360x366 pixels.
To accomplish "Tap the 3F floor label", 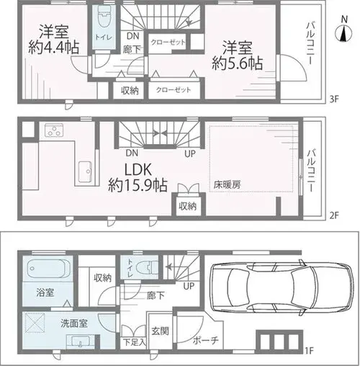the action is click(333, 99).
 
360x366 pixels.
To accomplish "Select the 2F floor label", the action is click(333, 215).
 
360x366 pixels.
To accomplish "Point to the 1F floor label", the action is click(310, 351).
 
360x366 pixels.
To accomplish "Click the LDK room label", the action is click(138, 170).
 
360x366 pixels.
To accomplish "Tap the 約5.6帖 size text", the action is click(237, 63).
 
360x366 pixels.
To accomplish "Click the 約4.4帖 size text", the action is click(54, 47).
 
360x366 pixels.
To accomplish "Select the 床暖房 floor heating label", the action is click(228, 184).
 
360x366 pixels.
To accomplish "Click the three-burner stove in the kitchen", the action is click(54, 130).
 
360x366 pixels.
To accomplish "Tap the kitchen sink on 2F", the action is click(85, 172).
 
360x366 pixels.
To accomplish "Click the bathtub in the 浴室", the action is click(50, 269).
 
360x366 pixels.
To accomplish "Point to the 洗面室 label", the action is click(74, 323).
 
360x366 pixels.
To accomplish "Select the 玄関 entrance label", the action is click(160, 331).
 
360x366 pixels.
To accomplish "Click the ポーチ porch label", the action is click(206, 340).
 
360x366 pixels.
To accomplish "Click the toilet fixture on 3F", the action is click(104, 17).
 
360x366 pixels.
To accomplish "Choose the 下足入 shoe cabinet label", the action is click(135, 342).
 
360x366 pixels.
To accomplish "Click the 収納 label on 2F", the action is click(188, 206).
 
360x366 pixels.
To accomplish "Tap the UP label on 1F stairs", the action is click(189, 286).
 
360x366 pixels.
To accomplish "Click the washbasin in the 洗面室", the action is click(81, 341).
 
